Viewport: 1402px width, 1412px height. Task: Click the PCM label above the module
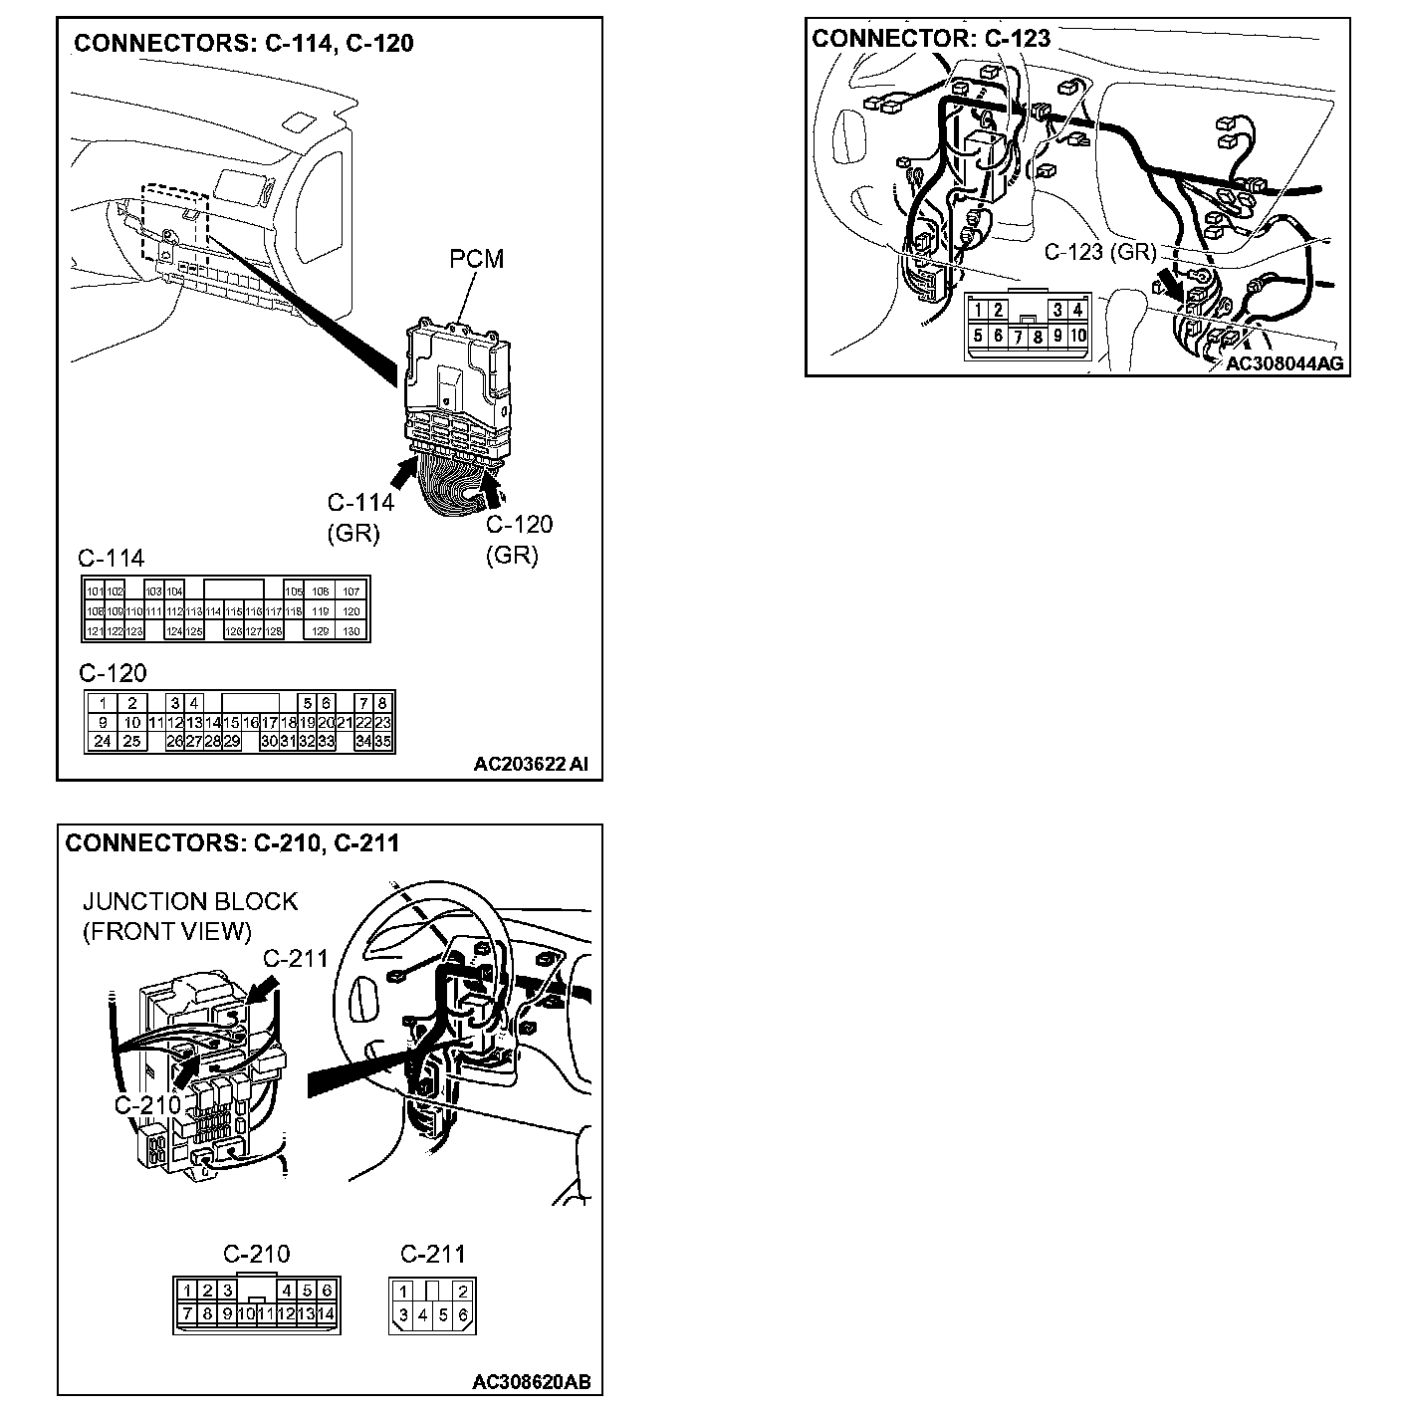click(x=476, y=259)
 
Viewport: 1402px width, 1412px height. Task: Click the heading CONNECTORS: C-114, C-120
click(x=244, y=43)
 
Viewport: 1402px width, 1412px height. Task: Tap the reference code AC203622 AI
click(x=531, y=765)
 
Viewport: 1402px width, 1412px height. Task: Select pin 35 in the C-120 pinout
click(x=384, y=741)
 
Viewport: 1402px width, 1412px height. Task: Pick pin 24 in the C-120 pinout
click(x=103, y=741)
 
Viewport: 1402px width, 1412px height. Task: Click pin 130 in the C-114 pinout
click(x=350, y=631)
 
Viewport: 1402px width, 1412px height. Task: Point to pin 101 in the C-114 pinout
click(x=95, y=591)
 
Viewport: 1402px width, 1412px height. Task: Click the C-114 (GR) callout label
click(x=359, y=518)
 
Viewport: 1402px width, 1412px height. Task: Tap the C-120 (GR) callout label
click(x=518, y=540)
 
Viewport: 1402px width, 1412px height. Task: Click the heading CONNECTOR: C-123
click(x=931, y=39)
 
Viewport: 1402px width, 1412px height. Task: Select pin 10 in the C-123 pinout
click(x=1077, y=337)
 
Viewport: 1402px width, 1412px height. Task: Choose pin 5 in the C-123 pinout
click(x=979, y=337)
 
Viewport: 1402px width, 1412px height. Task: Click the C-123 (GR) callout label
click(x=1099, y=252)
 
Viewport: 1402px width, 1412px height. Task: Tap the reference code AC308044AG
click(x=1284, y=363)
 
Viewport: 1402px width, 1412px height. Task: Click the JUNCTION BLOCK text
click(x=189, y=901)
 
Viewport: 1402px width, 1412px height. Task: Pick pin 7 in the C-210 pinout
click(x=187, y=1313)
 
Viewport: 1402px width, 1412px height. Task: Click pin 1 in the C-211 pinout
click(x=403, y=1292)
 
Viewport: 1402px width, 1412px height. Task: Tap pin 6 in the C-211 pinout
click(x=464, y=1315)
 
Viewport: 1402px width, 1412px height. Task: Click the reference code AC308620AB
click(x=531, y=1382)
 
